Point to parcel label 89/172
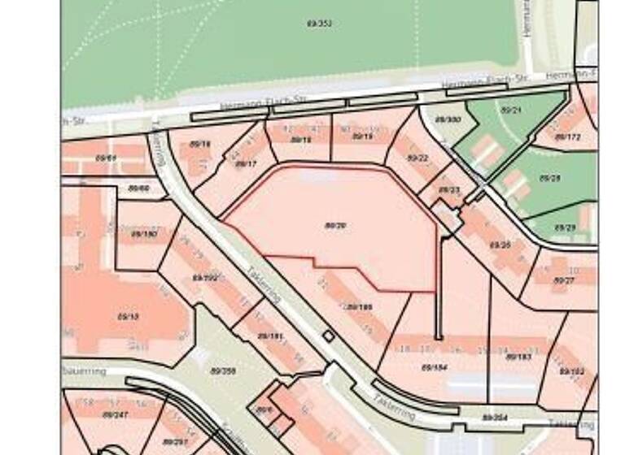click(x=567, y=136)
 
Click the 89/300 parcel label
click(x=448, y=119)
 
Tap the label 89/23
click(x=449, y=190)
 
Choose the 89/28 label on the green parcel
click(x=549, y=177)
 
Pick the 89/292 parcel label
click(x=206, y=277)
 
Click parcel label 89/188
click(x=359, y=307)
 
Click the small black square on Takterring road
click(x=328, y=335)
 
